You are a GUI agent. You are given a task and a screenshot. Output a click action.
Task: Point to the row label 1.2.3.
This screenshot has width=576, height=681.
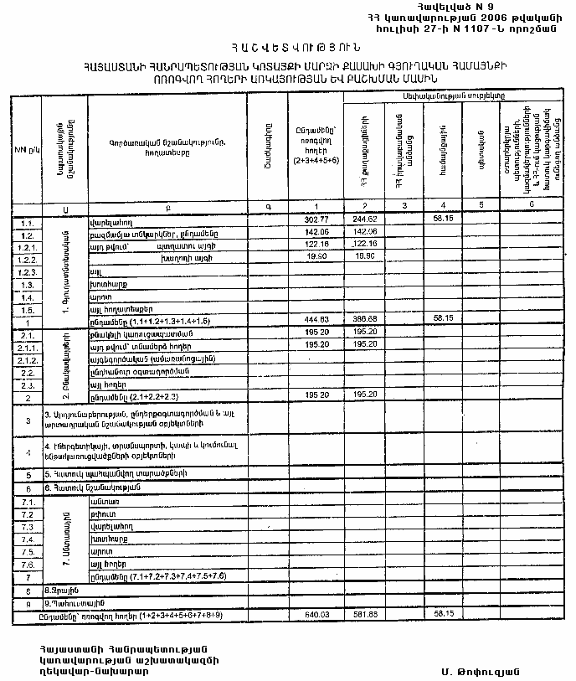click(x=26, y=273)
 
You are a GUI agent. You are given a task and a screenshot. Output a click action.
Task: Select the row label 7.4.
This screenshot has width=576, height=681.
click(x=26, y=540)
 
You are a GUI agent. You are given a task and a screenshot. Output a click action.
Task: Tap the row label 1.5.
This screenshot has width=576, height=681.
click(x=26, y=309)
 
